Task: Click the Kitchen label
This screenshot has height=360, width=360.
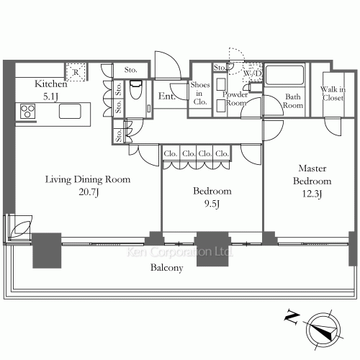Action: tap(51, 84)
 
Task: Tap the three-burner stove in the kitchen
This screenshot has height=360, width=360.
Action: tap(28, 111)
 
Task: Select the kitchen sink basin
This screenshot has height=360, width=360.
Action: tap(70, 111)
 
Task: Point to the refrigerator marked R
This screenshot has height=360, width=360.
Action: tap(76, 72)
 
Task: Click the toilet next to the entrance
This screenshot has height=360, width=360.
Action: tap(135, 90)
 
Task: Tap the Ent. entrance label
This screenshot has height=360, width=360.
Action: tap(166, 96)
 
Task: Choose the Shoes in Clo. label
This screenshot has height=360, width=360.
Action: tap(200, 93)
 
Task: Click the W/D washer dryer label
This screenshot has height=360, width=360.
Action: tap(253, 73)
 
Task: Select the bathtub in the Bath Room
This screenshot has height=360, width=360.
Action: tap(284, 75)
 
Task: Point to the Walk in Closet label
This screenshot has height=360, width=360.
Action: tap(333, 94)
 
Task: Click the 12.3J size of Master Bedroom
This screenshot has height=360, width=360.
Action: tap(312, 194)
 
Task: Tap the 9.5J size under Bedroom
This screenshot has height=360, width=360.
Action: tap(212, 204)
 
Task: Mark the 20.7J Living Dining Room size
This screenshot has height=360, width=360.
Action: tap(89, 192)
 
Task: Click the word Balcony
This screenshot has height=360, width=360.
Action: tap(166, 268)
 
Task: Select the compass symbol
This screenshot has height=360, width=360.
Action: tap(323, 330)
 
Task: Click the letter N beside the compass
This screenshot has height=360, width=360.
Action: tap(292, 318)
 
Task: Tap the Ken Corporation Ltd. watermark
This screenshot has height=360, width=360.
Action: tap(179, 252)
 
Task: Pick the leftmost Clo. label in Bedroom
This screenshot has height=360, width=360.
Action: tap(171, 153)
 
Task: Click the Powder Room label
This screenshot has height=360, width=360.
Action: tap(235, 99)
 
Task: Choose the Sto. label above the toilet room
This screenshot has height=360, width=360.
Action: tap(130, 70)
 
